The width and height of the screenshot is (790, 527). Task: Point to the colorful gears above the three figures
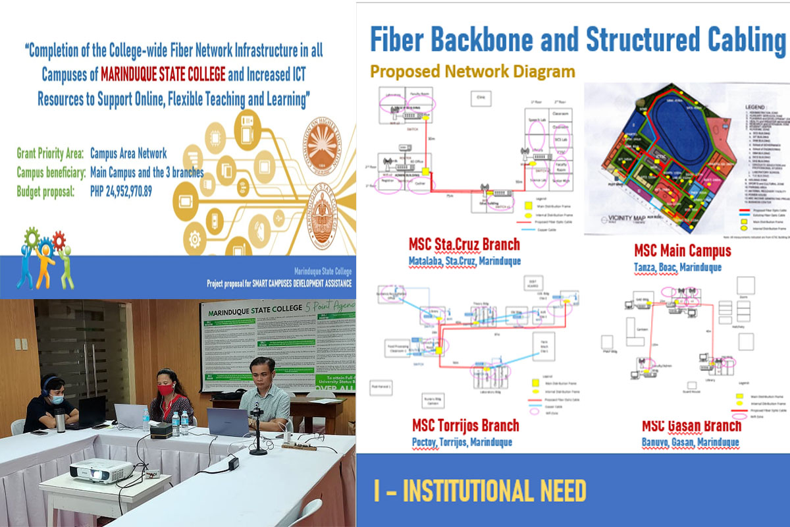pyautogui.click(x=44, y=240)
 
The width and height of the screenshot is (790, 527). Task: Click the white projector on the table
pyautogui.click(x=101, y=470)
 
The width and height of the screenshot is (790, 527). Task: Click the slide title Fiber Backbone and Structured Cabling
pyautogui.click(x=577, y=40)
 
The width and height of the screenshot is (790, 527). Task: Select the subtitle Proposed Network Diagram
pyautogui.click(x=472, y=71)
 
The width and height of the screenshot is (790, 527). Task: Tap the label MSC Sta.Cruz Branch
pyautogui.click(x=463, y=245)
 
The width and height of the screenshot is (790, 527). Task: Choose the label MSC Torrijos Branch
pyautogui.click(x=465, y=426)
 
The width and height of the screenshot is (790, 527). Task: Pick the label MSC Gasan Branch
pyautogui.click(x=689, y=426)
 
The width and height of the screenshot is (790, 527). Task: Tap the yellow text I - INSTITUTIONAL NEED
pyautogui.click(x=477, y=491)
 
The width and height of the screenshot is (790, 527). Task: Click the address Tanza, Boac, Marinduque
pyautogui.click(x=677, y=267)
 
